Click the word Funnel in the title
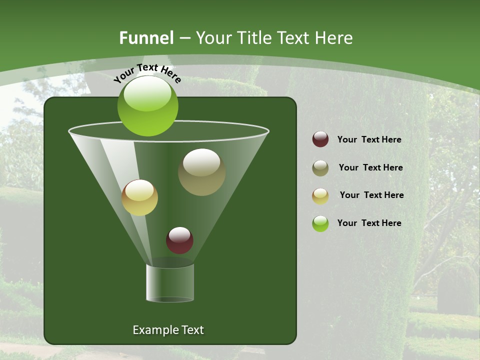(146, 38)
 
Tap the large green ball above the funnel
(147, 105)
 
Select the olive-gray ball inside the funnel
(201, 172)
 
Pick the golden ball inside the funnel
(140, 197)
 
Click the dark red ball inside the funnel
(179, 240)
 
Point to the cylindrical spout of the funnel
(170, 283)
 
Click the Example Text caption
(168, 330)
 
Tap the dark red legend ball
(320, 139)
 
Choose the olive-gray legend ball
(320, 168)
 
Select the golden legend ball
(320, 196)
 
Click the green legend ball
(320, 223)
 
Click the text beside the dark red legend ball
(369, 139)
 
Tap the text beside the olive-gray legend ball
(370, 167)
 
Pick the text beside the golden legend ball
(371, 195)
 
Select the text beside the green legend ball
(369, 223)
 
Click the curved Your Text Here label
(147, 73)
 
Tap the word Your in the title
(212, 38)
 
